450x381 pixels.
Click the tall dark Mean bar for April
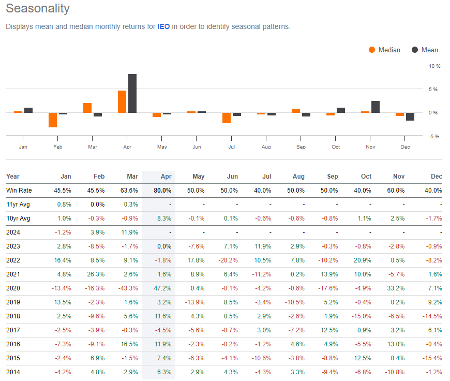[132, 93]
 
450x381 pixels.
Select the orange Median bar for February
[53, 120]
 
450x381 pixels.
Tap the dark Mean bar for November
[376, 107]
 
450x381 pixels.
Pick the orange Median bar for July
[227, 118]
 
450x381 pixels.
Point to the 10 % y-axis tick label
[433, 66]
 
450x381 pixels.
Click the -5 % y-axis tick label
[433, 137]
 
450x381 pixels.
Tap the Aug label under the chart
[266, 147]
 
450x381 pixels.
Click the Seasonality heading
[38, 9]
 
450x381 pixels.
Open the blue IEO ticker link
[163, 27]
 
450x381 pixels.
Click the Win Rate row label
[19, 190]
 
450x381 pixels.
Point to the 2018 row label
[13, 316]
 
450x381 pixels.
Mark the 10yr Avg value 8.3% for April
[163, 218]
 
